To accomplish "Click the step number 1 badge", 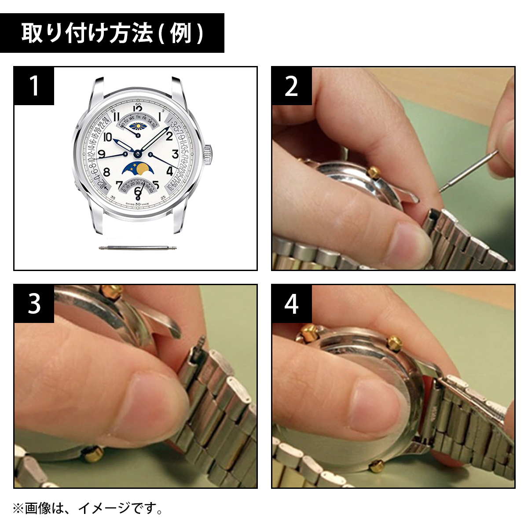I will (x=34, y=86).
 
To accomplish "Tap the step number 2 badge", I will (x=291, y=86).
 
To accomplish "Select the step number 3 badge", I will (x=34, y=304).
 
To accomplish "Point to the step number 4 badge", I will (x=291, y=304).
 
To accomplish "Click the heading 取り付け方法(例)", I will (x=112, y=33).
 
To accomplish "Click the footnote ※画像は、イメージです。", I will (x=88, y=509).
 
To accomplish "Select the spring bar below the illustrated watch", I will (x=138, y=248).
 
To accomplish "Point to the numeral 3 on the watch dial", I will (x=175, y=154).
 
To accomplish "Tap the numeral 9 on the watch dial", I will (x=102, y=154).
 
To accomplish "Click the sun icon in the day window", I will (x=138, y=126).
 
